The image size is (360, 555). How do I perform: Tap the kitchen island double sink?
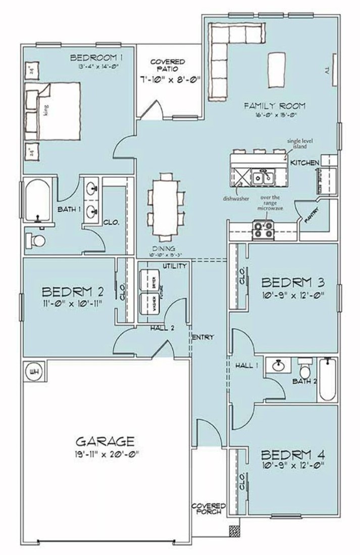(x=264, y=177)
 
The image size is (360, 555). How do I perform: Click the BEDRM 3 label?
(x=293, y=282)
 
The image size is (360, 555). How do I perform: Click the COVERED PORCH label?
(x=209, y=509)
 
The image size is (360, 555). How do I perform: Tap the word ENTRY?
(x=203, y=337)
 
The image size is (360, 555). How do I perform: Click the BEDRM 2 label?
(x=73, y=292)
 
